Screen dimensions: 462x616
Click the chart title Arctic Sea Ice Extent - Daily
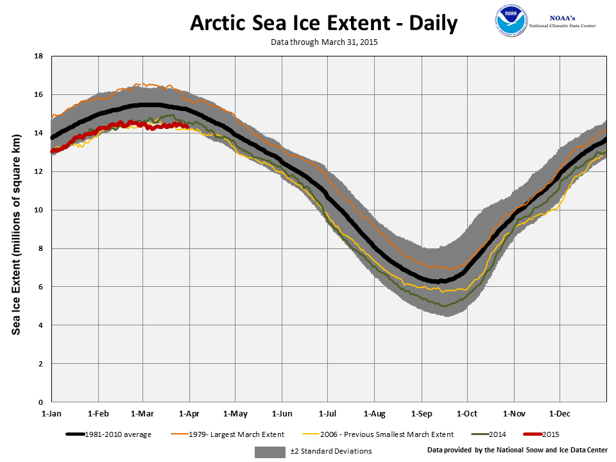tap(324, 24)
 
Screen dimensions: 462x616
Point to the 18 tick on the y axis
tap(38, 56)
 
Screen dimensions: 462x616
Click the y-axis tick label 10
tap(38, 210)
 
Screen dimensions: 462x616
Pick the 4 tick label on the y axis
tap(40, 325)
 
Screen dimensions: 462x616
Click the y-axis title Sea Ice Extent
tap(17, 229)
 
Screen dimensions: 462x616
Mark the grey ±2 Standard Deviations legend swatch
tap(269, 452)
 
